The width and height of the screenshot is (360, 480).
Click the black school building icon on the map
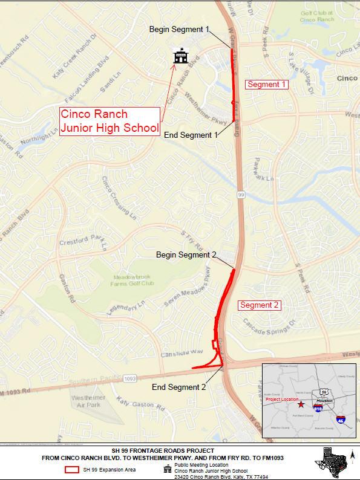[178, 56]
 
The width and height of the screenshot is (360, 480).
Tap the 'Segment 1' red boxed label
[266, 85]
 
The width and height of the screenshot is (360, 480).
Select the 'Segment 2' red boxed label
[259, 305]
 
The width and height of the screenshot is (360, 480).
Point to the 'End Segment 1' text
[191, 135]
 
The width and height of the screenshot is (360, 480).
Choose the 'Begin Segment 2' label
[186, 255]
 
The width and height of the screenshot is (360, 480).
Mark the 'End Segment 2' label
[178, 387]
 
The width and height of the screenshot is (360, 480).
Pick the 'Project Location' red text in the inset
[282, 400]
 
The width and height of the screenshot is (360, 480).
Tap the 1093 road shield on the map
[129, 379]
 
